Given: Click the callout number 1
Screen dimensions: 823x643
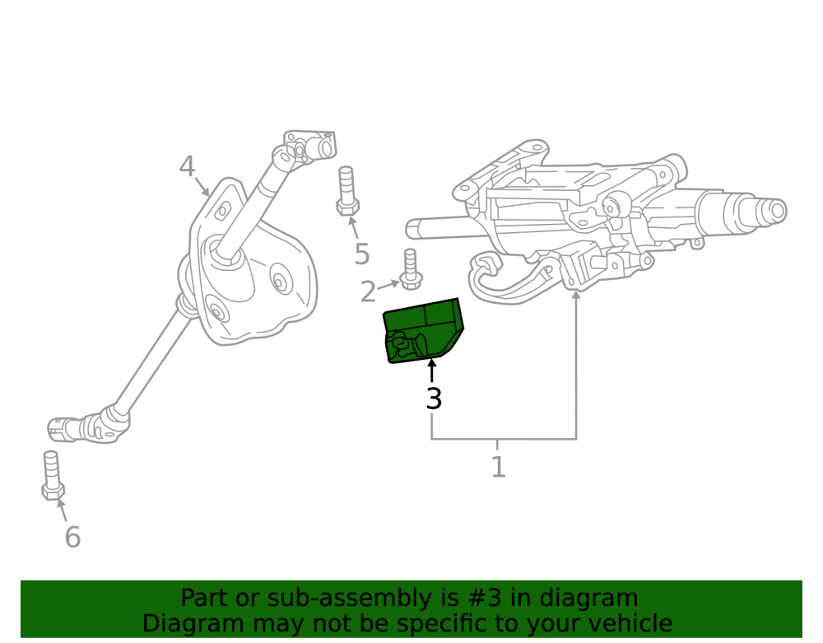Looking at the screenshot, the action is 498,467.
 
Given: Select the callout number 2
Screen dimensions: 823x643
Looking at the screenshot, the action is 368,291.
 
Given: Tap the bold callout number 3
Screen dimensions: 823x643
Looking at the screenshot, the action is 434,398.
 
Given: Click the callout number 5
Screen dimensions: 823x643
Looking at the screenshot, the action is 362,254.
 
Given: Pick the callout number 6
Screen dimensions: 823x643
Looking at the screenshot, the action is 72,537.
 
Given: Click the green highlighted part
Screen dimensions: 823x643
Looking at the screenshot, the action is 423,330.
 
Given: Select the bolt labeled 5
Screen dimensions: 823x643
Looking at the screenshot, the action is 347,191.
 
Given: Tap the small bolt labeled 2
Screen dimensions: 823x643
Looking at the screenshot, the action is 411,269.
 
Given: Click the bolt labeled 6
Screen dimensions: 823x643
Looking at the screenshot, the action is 52,476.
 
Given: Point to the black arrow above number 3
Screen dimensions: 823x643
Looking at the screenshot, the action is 432,370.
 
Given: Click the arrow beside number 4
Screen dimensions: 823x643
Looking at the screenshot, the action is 202,186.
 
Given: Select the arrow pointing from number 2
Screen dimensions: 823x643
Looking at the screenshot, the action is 388,286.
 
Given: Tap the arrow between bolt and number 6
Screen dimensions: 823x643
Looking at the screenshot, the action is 62,510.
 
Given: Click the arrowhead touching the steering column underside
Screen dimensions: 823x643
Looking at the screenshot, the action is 576,296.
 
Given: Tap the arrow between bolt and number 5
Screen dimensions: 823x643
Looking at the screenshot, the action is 354,226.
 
